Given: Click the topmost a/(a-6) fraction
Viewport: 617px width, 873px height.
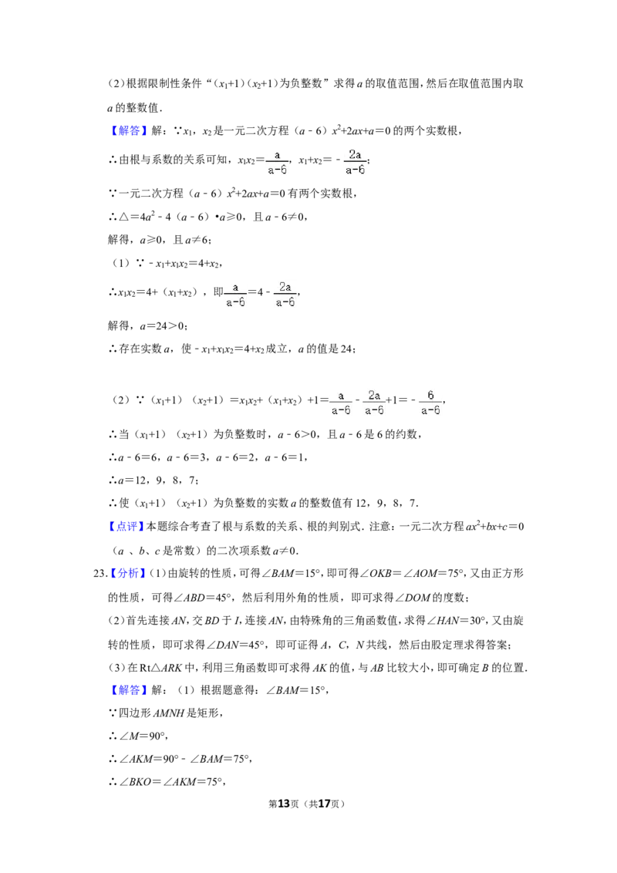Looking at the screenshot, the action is (275, 160).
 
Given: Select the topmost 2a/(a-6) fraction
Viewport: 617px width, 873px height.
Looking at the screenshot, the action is (355, 160).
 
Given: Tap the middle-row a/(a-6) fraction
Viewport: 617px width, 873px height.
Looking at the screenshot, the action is (238, 293).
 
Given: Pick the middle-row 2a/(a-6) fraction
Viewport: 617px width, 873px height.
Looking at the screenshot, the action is (286, 293).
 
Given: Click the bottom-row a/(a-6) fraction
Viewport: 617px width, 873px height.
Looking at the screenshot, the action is (341, 401).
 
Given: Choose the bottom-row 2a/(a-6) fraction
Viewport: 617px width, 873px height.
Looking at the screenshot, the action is (375, 401).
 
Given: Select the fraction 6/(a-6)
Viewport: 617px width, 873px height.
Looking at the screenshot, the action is (430, 401).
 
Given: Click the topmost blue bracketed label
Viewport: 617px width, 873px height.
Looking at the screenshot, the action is (129, 130).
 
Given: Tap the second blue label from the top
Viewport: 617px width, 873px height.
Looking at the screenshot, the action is (126, 528).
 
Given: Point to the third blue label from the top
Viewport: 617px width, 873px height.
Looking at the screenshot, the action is (129, 574).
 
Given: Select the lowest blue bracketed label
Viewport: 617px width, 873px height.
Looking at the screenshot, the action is (129, 690).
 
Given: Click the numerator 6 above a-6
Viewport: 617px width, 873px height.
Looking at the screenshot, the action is (430, 395).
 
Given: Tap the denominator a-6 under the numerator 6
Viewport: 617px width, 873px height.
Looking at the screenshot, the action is (430, 410).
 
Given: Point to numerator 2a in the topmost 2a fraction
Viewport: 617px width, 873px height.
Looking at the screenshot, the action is (355, 154).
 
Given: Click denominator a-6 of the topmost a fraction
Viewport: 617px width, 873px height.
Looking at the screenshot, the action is (277, 170).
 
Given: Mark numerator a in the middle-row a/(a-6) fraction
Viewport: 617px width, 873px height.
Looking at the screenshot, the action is (236, 287).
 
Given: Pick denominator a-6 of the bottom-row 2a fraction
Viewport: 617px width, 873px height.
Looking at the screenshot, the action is (375, 410).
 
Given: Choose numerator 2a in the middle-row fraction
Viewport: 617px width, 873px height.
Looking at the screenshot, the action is (285, 287).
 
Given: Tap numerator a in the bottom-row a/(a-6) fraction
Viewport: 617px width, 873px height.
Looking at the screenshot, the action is (341, 395).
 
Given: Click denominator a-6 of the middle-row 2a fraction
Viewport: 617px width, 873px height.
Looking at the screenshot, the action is (286, 302).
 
